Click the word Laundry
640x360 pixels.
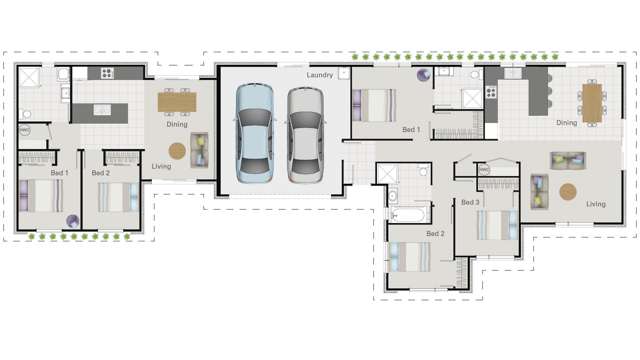click(320, 74)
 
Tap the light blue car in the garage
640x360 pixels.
click(254, 133)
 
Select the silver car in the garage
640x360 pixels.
click(305, 134)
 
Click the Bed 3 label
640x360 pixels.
click(470, 202)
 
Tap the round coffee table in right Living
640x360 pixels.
click(568, 191)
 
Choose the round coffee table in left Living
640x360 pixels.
click(177, 151)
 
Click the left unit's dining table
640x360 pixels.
click(176, 101)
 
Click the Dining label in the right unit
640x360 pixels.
click(567, 123)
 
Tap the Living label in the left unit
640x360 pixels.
click(161, 167)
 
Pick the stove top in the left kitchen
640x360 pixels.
click(105, 74)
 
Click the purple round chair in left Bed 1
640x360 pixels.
click(71, 221)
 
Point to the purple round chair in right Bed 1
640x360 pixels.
click(422, 74)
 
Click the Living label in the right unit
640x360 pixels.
click(596, 204)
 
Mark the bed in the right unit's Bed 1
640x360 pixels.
click(376, 104)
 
